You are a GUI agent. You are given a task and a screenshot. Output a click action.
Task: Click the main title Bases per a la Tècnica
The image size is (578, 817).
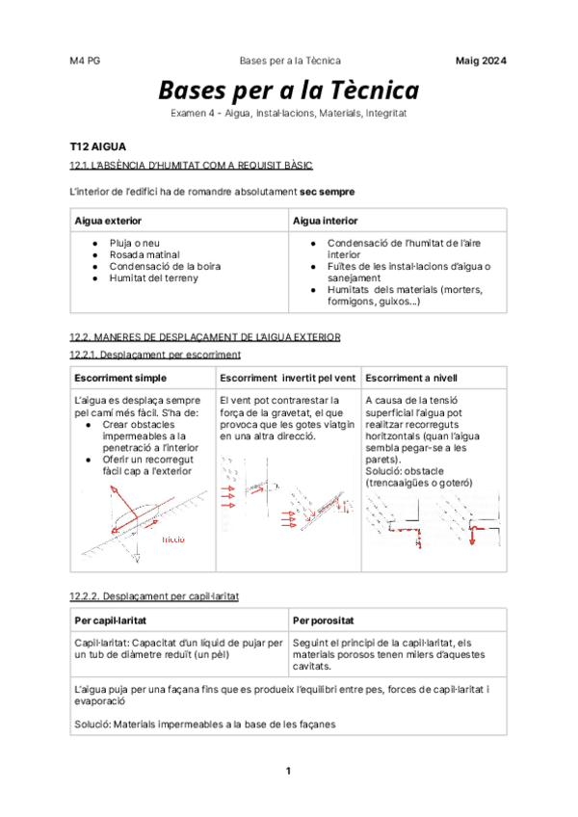point(289,91)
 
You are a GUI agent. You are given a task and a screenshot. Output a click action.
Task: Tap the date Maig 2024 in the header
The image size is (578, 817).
point(481,61)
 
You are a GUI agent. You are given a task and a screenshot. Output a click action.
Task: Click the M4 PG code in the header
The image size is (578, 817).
point(85,61)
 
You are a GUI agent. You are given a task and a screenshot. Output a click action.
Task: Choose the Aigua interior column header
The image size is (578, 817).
point(325,221)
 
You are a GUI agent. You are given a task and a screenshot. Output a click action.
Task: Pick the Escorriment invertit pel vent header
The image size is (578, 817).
point(288,377)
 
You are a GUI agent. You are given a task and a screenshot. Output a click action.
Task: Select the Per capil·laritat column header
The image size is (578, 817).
point(111,619)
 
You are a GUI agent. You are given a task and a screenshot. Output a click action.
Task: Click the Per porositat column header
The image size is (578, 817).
point(324,619)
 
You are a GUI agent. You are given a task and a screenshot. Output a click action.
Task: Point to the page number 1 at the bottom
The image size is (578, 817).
point(288,771)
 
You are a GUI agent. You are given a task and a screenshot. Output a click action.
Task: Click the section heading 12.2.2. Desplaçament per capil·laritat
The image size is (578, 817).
point(155,596)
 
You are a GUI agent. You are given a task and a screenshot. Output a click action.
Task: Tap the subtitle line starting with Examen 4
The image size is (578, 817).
point(289,114)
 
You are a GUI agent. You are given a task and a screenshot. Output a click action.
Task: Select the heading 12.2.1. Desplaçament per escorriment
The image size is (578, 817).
point(155,355)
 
